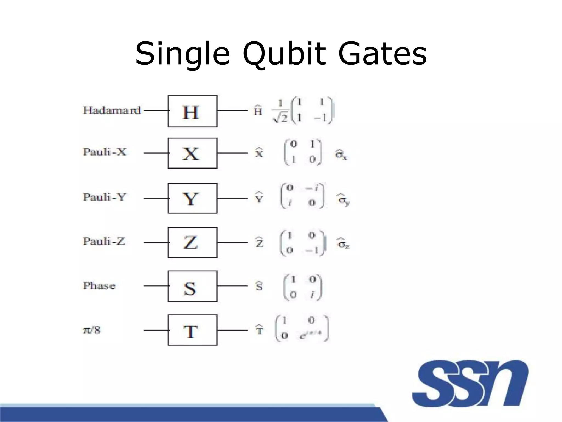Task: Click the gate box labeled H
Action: (192, 111)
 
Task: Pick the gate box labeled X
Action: (192, 153)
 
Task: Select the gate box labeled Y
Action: (192, 198)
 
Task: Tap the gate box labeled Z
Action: (192, 242)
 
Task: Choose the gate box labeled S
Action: (192, 286)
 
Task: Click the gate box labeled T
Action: (192, 330)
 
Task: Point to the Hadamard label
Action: (112, 110)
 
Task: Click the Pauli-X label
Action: (105, 152)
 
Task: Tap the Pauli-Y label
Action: (104, 197)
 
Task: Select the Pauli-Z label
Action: (104, 241)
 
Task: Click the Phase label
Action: (99, 286)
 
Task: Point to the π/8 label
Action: (92, 330)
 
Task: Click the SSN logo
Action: (470, 384)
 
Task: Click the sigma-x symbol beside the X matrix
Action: (341, 154)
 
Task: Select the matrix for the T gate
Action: (302, 328)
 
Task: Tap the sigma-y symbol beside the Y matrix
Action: (343, 200)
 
